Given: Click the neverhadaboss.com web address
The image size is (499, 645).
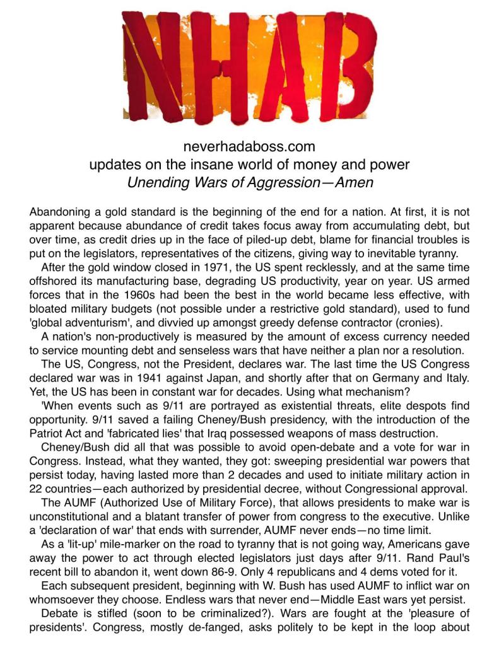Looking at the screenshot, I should [249, 148].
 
